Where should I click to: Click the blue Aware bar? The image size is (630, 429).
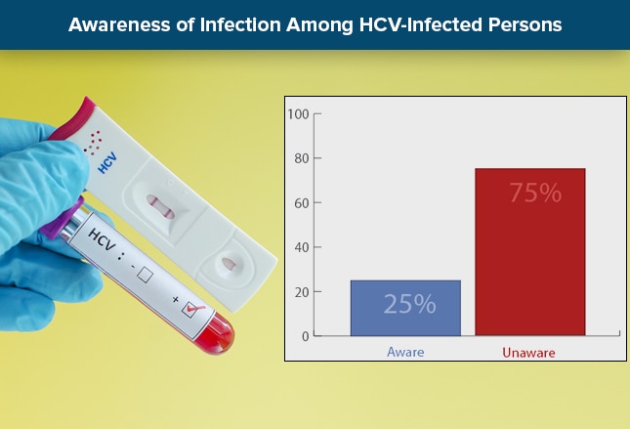(x=405, y=308)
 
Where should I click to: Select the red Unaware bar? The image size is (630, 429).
(x=529, y=252)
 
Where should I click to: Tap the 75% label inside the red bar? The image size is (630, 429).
(x=534, y=193)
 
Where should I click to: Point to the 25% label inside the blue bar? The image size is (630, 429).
(x=409, y=304)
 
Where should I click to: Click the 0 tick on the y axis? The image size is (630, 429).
(x=304, y=336)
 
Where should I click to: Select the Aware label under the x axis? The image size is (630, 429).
(x=406, y=351)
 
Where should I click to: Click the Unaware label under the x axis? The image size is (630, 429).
(x=529, y=351)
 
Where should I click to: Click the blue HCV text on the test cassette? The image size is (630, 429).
(x=107, y=161)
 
